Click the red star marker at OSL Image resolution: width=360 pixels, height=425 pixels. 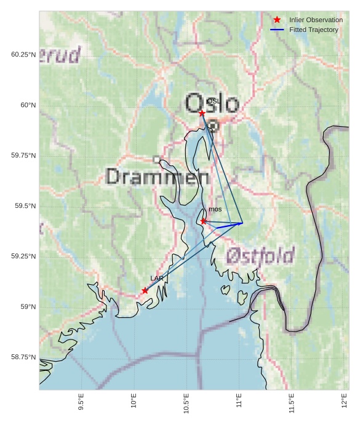click(202, 113)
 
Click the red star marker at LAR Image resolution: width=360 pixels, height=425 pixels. click(145, 290)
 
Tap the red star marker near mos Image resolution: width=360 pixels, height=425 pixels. click(203, 221)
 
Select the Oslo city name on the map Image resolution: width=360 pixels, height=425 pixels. click(212, 103)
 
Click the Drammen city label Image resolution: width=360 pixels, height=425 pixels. click(158, 177)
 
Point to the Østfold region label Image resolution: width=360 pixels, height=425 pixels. click(260, 255)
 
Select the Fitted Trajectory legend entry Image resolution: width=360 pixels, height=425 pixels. click(313, 30)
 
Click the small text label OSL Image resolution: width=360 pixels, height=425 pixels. click(213, 101)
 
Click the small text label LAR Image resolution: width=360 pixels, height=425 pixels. click(157, 278)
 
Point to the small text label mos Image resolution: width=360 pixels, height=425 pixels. click(215, 209)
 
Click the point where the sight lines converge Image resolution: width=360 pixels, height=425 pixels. click(242, 223)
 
